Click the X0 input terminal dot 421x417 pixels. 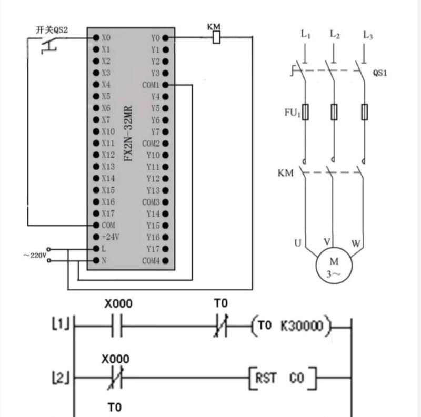coord(96,37)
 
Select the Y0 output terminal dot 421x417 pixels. coord(166,38)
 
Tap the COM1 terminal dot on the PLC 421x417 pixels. coord(166,85)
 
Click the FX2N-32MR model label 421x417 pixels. coord(128,134)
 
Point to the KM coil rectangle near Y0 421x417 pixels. coord(216,37)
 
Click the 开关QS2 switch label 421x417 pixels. coord(52,30)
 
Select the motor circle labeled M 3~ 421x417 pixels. coord(334,266)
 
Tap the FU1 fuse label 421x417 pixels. coord(292,113)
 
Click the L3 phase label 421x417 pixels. coord(367,35)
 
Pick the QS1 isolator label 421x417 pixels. coord(379,73)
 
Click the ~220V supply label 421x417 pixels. coord(35,255)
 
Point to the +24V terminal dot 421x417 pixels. coord(96,237)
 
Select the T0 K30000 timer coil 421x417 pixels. coord(291,326)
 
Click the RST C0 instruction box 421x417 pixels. coord(283,378)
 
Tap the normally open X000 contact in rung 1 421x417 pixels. coord(117,326)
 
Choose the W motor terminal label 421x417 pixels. coord(356,243)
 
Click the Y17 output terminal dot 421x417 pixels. coord(166,249)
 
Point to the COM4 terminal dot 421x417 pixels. coord(166,260)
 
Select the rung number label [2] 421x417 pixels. coord(61,378)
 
